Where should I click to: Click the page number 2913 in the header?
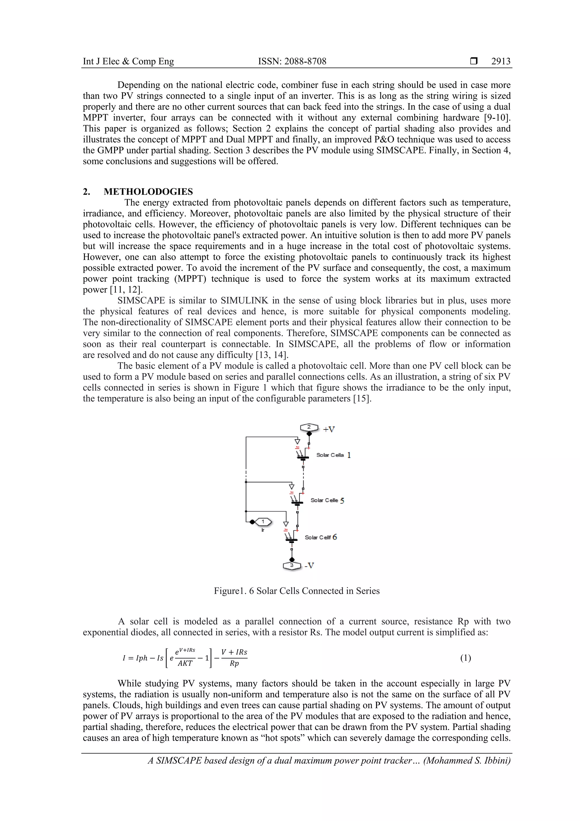pyautogui.click(x=501, y=62)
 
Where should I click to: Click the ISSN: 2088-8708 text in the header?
pyautogui.click(x=292, y=62)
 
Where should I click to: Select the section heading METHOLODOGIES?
pyautogui.click(x=148, y=192)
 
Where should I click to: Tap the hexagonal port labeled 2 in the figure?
pyautogui.click(x=309, y=427)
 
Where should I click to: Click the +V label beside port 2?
pyautogui.click(x=329, y=429)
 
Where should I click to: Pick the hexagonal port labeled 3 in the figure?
pyautogui.click(x=292, y=565)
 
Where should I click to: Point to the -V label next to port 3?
pyautogui.click(x=309, y=565)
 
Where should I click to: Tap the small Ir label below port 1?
pyautogui.click(x=263, y=530)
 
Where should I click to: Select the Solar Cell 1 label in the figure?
pyautogui.click(x=333, y=455)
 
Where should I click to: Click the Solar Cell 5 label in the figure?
pyautogui.click(x=327, y=500)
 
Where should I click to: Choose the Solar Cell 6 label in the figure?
pyautogui.click(x=321, y=537)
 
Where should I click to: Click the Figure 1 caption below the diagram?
pyautogui.click(x=297, y=591)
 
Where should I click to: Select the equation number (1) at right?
pyautogui.click(x=465, y=658)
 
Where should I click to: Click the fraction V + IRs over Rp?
pyautogui.click(x=234, y=658)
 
